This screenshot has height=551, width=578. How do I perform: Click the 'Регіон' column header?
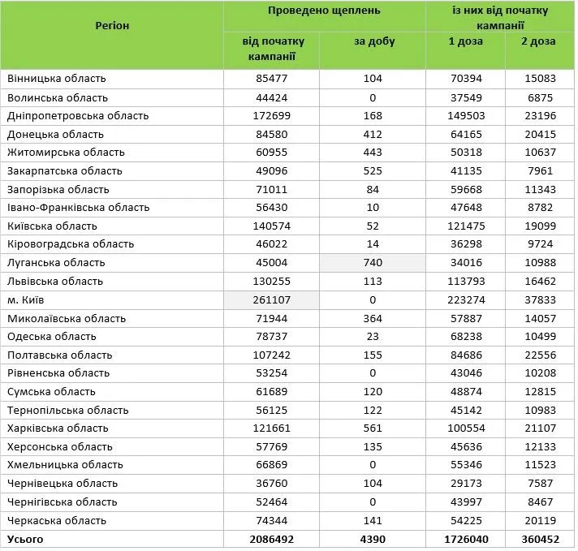pos(112,25)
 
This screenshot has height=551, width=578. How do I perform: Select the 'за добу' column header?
pos(374,41)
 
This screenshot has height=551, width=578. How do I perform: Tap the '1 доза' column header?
pos(465,41)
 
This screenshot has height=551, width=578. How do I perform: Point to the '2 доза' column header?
pos(540,41)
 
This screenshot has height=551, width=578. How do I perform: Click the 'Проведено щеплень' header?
pos(325,11)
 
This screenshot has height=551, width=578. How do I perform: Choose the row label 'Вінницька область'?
pos(57,79)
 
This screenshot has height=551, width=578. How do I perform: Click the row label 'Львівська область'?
pos(55,282)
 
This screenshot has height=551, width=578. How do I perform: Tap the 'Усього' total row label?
pos(25,539)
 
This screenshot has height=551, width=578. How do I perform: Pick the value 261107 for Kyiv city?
pos(272,299)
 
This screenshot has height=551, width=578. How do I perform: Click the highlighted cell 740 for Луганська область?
pos(373,263)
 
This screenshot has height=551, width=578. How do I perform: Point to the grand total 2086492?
pos(272,539)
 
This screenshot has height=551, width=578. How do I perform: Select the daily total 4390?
pos(373,539)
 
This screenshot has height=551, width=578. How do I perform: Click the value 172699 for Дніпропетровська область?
pos(272,115)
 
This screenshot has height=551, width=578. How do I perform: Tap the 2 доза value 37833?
pos(540,299)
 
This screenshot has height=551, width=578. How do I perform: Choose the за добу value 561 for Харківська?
pos(373,428)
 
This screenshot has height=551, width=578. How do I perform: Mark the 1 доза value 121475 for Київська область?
pos(466,226)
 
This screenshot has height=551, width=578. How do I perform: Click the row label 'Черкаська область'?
pos(57,520)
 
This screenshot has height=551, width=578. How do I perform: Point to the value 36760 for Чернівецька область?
pos(272,484)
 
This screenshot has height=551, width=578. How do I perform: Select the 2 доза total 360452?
pos(540,539)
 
